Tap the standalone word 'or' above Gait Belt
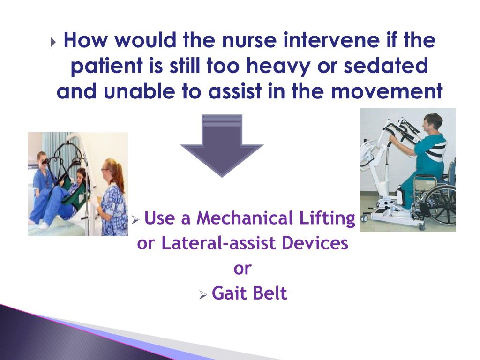(242, 269)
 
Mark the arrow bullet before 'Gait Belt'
(202, 295)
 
